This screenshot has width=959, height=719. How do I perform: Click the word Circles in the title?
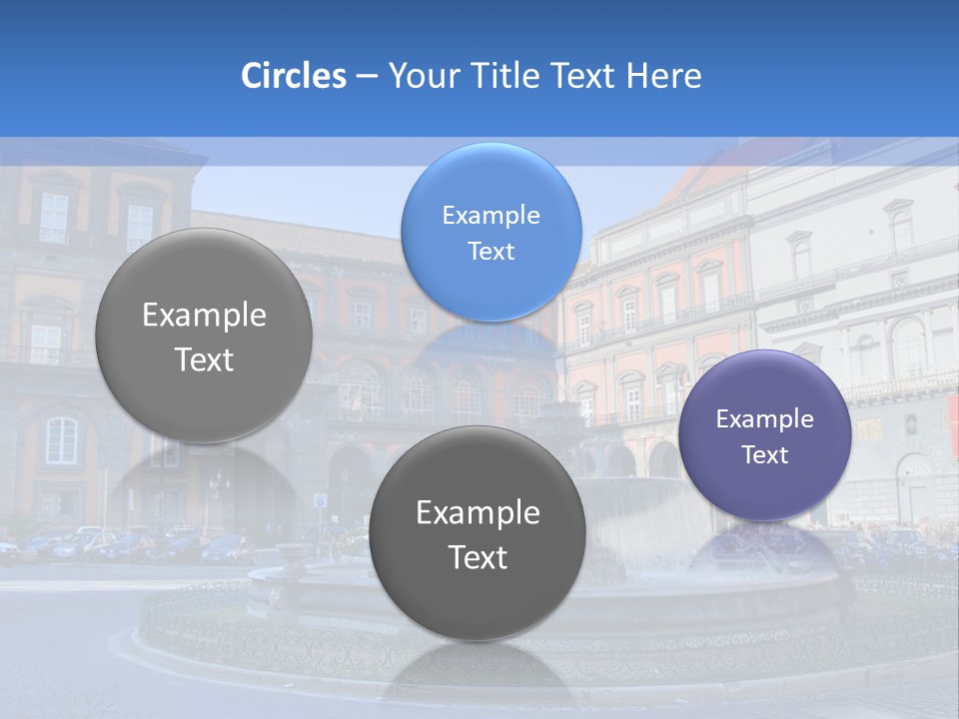click(x=293, y=76)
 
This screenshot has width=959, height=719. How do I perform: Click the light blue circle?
click(x=490, y=232)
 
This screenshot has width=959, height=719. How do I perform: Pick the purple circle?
click(x=765, y=435)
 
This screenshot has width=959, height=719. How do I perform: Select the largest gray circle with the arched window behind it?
click(x=204, y=336)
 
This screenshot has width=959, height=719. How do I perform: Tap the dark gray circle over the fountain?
click(x=478, y=533)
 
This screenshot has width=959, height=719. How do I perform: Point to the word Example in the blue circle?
click(x=490, y=215)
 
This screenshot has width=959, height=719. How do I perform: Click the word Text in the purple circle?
click(x=765, y=455)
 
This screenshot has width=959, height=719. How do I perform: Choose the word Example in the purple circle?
click(x=765, y=419)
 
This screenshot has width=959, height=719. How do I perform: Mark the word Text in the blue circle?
click(x=490, y=251)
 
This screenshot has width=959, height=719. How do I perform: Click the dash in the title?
click(x=367, y=77)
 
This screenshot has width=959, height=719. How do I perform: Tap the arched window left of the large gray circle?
click(x=62, y=439)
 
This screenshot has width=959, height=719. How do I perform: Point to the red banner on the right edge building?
click(x=952, y=414)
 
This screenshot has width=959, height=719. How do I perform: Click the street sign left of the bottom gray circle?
click(x=320, y=499)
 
